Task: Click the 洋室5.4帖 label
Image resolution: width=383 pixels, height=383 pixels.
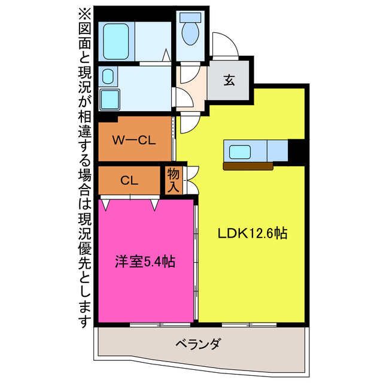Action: pyautogui.click(x=145, y=261)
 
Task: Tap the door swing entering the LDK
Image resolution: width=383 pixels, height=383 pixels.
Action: pyautogui.click(x=189, y=123)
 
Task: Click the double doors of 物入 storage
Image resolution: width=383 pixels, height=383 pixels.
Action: pyautogui.click(x=191, y=180)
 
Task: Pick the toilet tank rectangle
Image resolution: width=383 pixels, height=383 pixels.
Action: pyautogui.click(x=191, y=17)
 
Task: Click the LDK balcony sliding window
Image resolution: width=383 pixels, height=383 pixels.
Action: pyautogui.click(x=251, y=325)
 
